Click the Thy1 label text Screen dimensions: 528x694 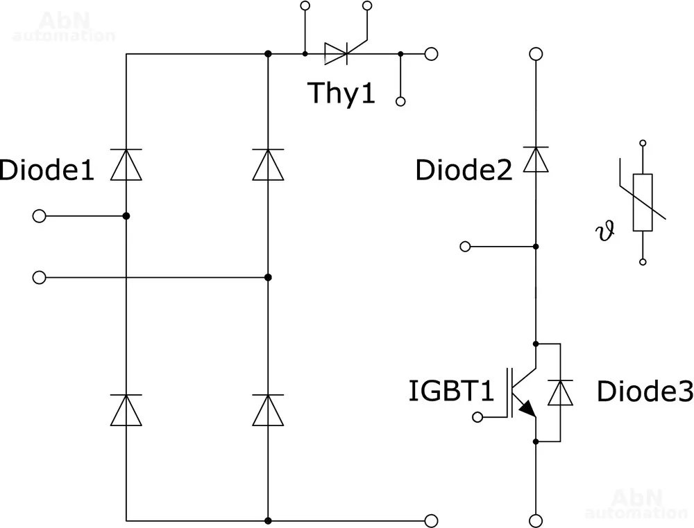click(341, 93)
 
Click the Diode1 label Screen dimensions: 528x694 click(46, 170)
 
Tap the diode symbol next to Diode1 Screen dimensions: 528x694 click(126, 164)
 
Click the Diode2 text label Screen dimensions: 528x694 click(464, 170)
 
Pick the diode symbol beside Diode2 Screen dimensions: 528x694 click(535, 159)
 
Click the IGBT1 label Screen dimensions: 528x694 click(451, 391)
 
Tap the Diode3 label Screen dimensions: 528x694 click(645, 392)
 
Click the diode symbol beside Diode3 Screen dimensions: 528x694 click(560, 392)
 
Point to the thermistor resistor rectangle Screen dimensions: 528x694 click(643, 202)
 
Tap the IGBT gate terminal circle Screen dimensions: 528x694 click(477, 416)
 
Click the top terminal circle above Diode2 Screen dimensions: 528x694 click(535, 53)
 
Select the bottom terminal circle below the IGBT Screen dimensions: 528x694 click(535, 519)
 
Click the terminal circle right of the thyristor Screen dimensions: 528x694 click(431, 53)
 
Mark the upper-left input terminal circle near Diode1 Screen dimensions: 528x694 click(40, 217)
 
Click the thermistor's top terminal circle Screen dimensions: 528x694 click(643, 143)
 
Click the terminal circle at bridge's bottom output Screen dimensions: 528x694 click(431, 520)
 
